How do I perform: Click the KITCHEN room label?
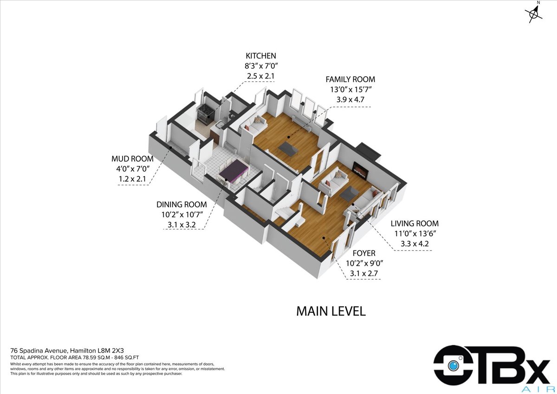[261, 56]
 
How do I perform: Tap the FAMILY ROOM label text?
[350, 79]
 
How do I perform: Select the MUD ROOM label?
[132, 159]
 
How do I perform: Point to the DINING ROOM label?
[181, 204]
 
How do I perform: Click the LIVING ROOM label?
[415, 223]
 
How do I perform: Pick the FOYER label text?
[364, 253]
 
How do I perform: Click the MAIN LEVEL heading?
[331, 311]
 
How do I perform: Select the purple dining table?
[233, 171]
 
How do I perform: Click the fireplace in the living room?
[360, 170]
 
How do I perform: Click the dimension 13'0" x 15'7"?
[350, 90]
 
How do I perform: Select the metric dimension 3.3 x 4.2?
[415, 243]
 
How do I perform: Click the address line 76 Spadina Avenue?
[67, 351]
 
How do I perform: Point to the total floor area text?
[74, 358]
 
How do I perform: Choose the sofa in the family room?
[253, 125]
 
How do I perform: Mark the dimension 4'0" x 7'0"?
[133, 169]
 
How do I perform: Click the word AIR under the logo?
[535, 389]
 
